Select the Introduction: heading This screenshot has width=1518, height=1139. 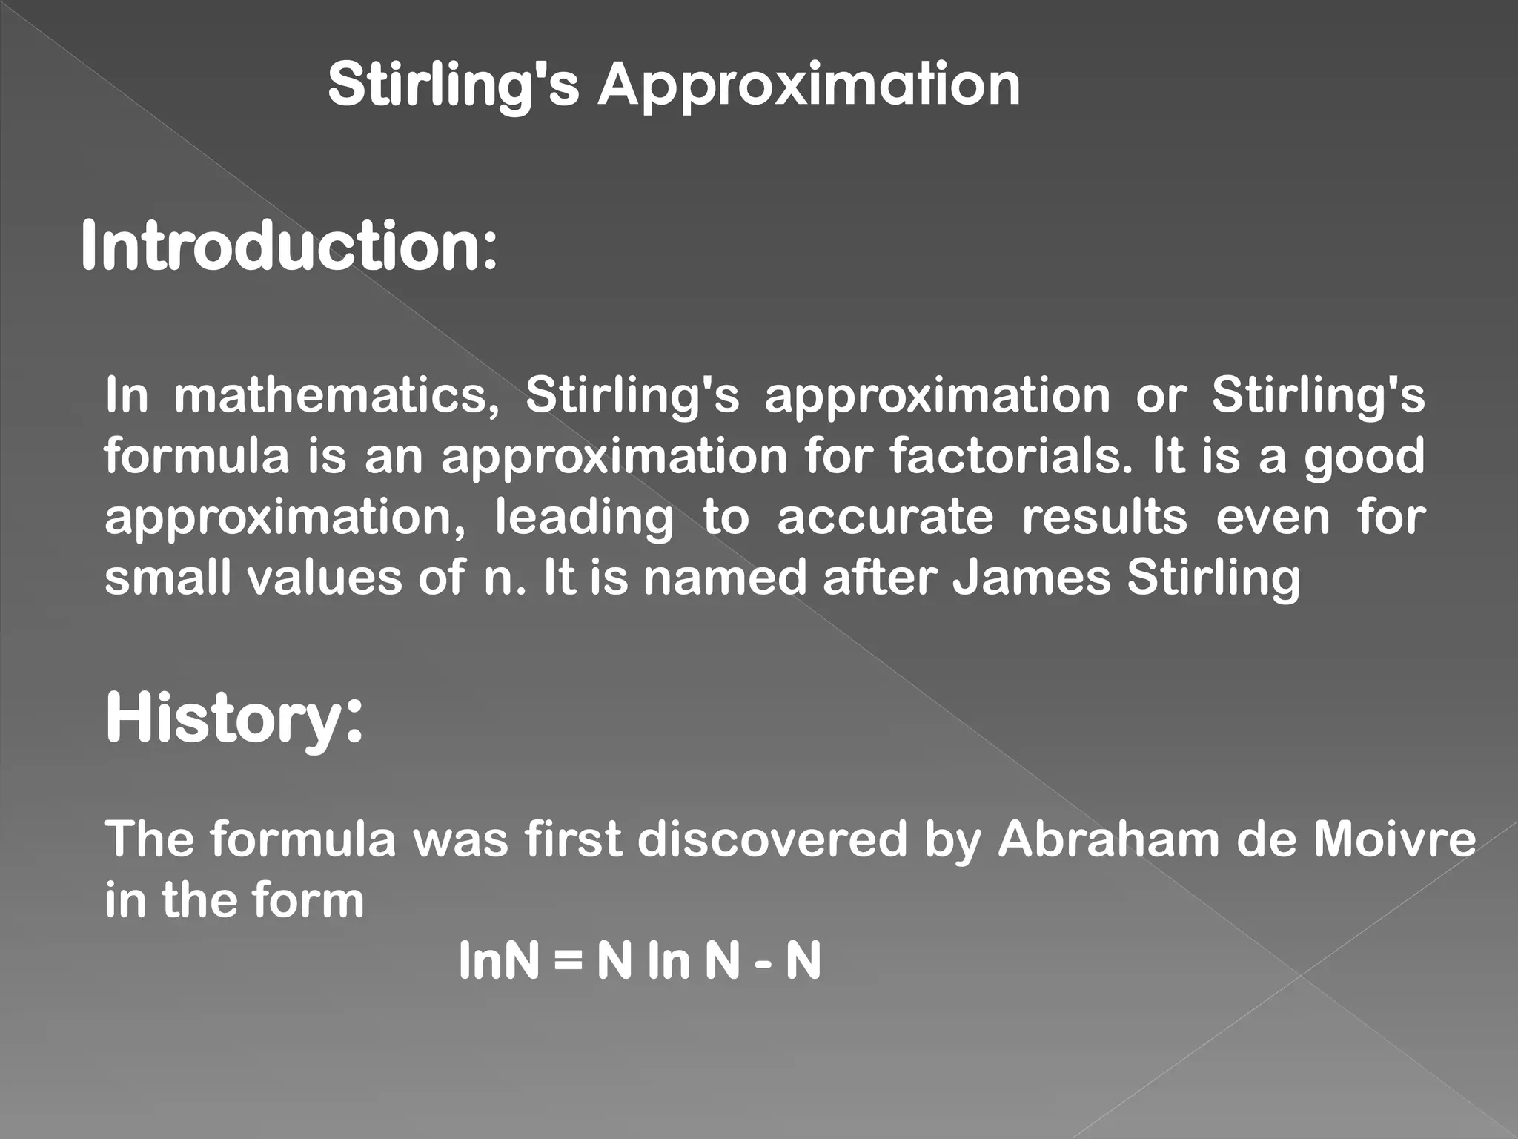click(x=288, y=246)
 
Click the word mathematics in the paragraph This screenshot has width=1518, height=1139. click(x=337, y=395)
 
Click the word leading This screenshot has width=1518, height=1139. click(x=584, y=517)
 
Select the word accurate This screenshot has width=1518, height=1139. click(x=885, y=517)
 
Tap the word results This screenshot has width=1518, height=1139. click(x=1104, y=517)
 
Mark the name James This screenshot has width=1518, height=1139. click(x=1031, y=577)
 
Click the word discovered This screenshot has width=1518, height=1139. click(x=772, y=839)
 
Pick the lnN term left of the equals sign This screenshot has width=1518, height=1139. click(x=499, y=961)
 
